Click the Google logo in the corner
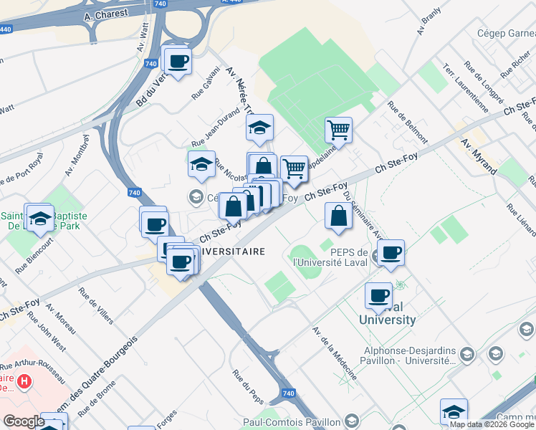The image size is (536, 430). click(x=23, y=421)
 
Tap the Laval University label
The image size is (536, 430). click(x=387, y=313)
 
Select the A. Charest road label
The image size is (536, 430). click(x=105, y=14)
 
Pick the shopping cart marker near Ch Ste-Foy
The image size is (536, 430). click(x=294, y=169)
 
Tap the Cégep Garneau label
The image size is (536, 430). click(x=506, y=33)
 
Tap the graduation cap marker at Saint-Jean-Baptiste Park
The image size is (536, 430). click(x=39, y=218)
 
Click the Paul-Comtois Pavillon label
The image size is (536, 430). click(x=292, y=421)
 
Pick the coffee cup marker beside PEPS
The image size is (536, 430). click(x=391, y=253)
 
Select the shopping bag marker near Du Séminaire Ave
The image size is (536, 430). click(x=338, y=216)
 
